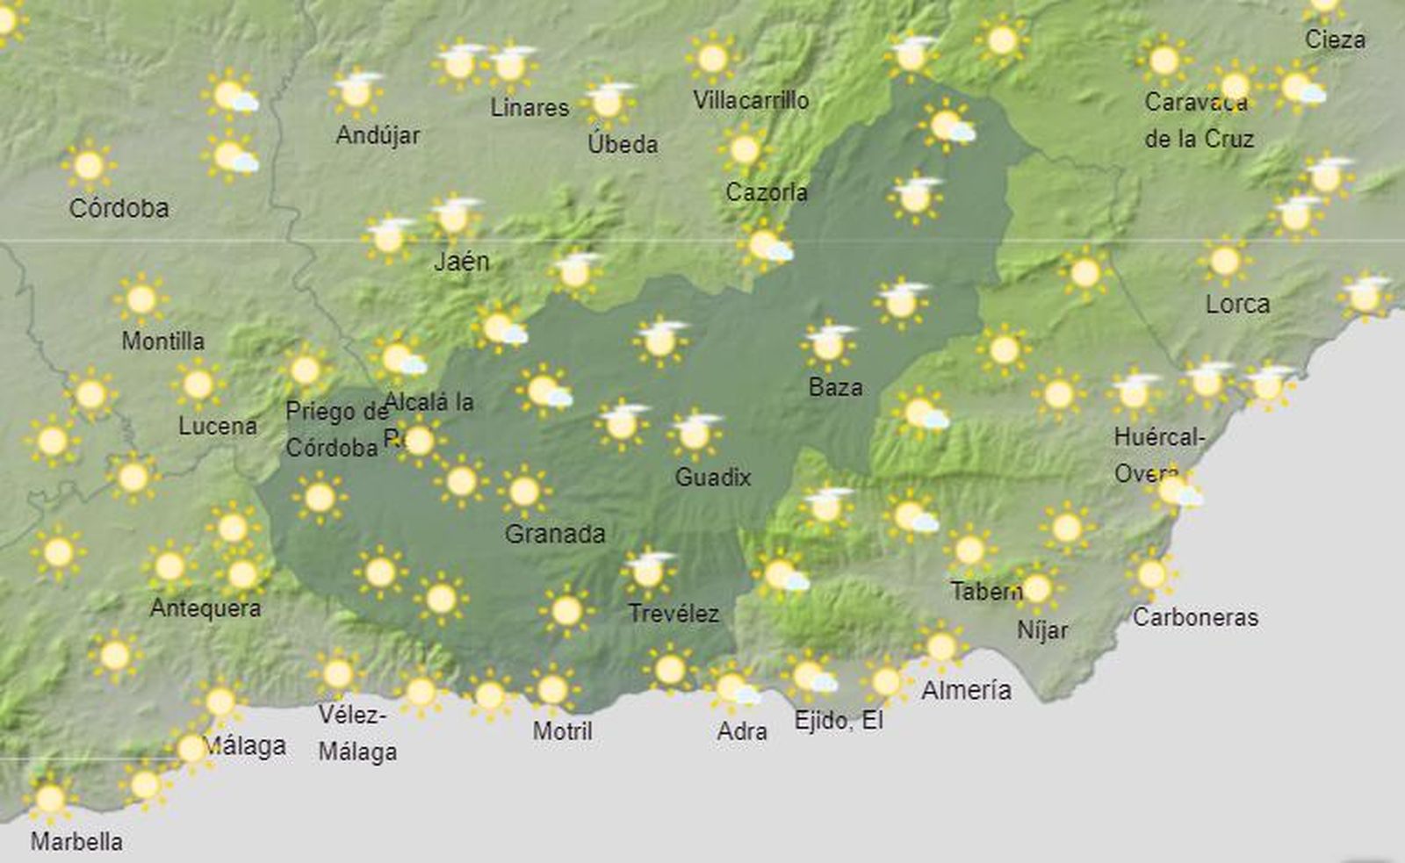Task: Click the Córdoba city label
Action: point(119,208)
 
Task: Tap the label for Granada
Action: point(555,533)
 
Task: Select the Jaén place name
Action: point(461,261)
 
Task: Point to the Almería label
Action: point(966,690)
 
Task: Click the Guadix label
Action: point(712,477)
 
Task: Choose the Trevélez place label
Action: point(674,613)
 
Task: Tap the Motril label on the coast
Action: point(562,730)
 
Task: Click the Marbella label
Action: point(76,841)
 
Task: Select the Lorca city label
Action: point(1237,304)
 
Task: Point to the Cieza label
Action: point(1335,40)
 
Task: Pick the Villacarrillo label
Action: point(751,100)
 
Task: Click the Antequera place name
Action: point(205,608)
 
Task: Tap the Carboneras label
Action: point(1195,617)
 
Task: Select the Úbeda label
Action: point(623,143)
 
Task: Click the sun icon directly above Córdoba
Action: point(89,165)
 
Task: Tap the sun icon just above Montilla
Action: point(141,299)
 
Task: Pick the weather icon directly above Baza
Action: point(827,344)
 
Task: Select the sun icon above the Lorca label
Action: point(1225,261)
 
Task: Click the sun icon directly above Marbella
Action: point(50,798)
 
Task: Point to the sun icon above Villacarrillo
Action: point(712,59)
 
